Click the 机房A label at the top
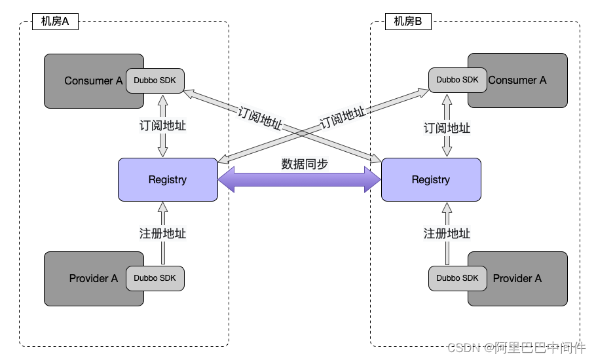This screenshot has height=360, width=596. pos(55,22)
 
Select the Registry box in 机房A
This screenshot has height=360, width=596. pos(168,179)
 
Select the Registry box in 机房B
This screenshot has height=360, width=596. pos(431,179)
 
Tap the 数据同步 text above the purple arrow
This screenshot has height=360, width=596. pos(304,164)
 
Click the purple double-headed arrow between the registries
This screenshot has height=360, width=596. pos(299,180)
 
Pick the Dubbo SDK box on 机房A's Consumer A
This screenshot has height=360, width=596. pos(155,81)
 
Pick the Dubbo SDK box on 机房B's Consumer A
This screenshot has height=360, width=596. pos(458,80)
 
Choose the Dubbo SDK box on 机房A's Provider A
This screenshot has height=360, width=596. pos(155,278)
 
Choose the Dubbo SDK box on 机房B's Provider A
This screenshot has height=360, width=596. pos(458,278)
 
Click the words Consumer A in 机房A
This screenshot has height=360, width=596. pos(93,81)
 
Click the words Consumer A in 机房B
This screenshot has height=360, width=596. pos(517,81)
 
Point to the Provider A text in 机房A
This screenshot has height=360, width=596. pos(94,279)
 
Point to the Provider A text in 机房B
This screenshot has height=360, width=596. pos(517,279)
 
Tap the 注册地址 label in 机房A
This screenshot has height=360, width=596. pos(163,233)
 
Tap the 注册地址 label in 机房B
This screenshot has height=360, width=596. pos(447,233)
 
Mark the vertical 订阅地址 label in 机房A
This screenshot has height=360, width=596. pos(163,126)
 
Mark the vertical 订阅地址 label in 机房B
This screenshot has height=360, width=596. pos(447,128)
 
